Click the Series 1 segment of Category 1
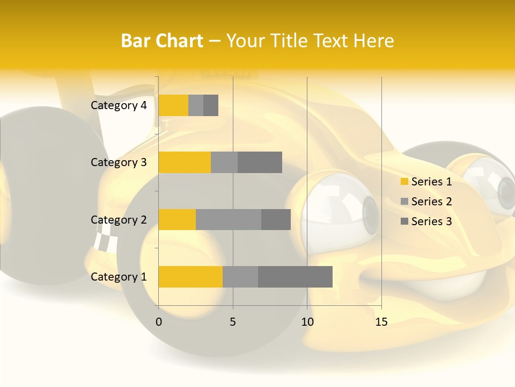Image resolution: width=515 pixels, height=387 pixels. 190,277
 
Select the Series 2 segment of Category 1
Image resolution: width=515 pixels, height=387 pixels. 240,277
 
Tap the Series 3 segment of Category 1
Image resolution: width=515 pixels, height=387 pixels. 295,277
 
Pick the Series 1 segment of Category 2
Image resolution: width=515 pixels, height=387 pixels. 177,219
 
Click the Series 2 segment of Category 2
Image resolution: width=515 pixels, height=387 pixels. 229,219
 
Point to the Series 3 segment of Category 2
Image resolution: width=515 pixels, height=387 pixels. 276,219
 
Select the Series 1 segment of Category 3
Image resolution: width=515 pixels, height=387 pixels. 185,162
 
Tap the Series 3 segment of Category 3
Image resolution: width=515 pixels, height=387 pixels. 260,162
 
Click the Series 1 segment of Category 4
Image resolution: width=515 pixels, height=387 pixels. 173,105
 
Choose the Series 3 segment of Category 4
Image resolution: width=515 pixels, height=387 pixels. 211,105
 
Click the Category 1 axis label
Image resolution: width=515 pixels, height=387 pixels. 119,277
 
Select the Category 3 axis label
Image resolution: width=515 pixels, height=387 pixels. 119,162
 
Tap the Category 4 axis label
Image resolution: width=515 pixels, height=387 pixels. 119,105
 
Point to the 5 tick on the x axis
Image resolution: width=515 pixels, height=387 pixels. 233,322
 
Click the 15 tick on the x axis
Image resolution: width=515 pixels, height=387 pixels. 381,322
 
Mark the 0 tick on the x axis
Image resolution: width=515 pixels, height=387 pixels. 159,322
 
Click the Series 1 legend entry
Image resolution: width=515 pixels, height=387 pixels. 426,182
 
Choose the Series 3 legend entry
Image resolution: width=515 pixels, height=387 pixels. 426,221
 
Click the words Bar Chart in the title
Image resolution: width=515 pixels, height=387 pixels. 162,41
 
